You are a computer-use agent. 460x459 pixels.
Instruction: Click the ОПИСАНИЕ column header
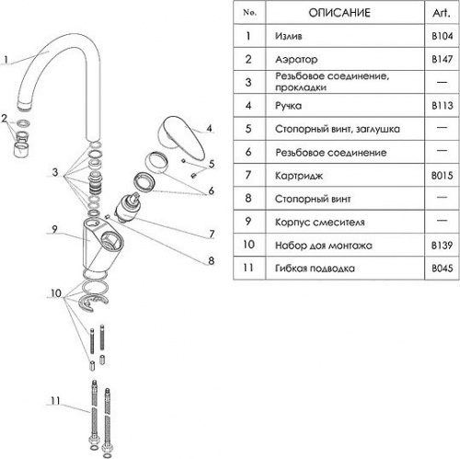339,13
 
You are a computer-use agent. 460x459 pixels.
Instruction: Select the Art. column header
442,13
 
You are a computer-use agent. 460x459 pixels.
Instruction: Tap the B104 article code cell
443,36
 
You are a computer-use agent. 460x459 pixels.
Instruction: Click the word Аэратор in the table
296,59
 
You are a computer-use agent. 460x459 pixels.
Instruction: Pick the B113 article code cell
443,106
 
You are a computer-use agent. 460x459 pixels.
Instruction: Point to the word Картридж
299,176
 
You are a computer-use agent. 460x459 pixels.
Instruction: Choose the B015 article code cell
443,176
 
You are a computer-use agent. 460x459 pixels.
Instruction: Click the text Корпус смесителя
320,222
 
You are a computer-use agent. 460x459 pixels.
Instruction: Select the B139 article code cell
443,246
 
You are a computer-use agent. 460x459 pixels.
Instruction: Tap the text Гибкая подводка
315,269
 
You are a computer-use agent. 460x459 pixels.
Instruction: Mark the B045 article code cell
443,269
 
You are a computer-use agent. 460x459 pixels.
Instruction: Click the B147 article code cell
443,59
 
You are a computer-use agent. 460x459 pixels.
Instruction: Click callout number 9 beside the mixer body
54,229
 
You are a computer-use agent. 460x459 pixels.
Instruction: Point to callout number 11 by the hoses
55,400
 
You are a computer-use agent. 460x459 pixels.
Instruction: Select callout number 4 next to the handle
209,128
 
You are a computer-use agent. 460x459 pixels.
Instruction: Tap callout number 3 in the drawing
55,172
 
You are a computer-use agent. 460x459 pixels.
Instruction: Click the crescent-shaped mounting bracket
93,303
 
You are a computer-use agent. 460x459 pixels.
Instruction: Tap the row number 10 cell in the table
248,245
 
